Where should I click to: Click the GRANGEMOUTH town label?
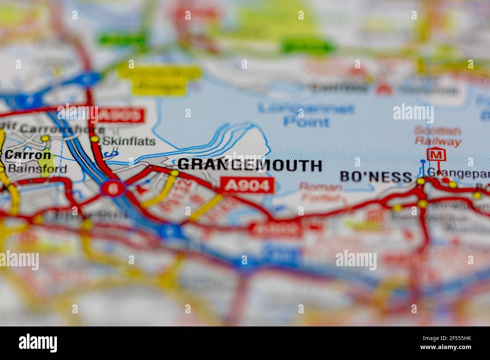250,165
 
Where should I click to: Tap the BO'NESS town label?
376,177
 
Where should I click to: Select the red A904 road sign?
247,185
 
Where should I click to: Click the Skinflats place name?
129,141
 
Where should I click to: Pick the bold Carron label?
28,154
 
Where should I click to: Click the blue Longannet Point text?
306,115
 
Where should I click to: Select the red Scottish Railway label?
438,136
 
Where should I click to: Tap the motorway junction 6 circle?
112,188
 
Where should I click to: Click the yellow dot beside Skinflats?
95,139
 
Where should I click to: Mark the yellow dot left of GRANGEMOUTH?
174,173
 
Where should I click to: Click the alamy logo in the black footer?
38,343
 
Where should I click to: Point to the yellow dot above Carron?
45,139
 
